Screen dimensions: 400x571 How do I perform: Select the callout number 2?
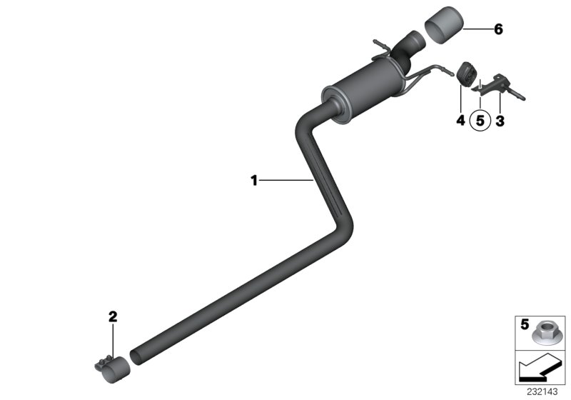point(112,315)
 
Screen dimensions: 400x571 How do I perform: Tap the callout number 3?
point(500,121)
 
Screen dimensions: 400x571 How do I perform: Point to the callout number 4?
point(460,121)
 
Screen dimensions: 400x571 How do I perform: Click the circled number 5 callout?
point(480,122)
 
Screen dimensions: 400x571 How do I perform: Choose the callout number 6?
point(498,29)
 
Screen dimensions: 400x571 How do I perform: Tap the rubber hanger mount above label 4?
point(465,74)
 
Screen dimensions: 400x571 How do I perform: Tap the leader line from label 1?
point(285,181)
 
